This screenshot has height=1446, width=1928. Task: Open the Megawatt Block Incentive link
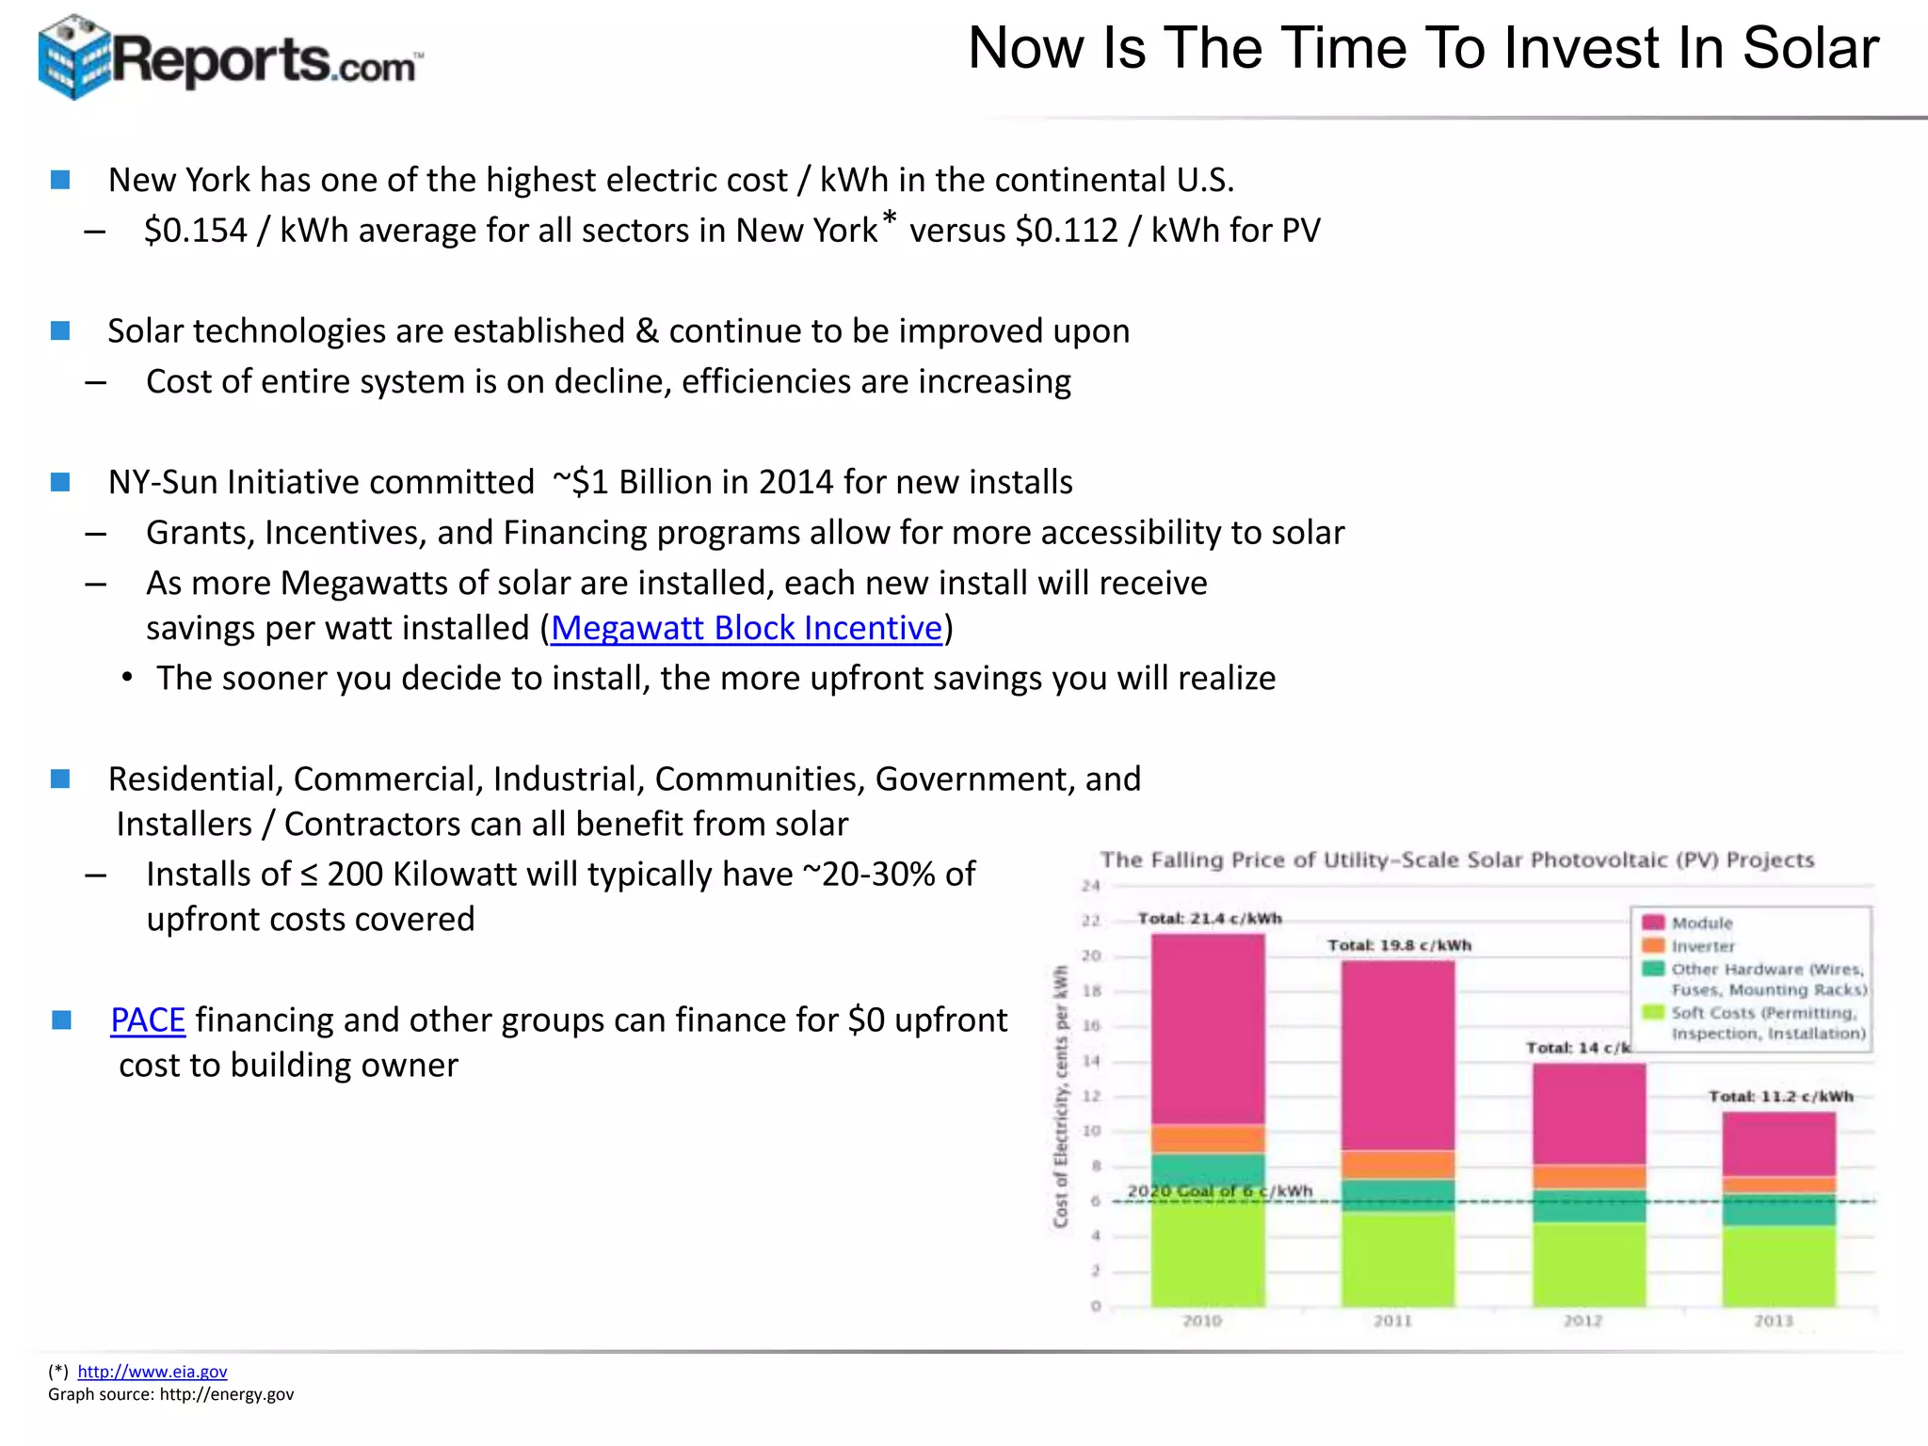pyautogui.click(x=746, y=628)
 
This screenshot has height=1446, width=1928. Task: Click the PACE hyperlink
pyautogui.click(x=148, y=1020)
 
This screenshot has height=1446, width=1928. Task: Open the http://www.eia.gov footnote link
pyautogui.click(x=152, y=1372)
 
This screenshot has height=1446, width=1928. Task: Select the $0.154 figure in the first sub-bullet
pyautogui.click(x=195, y=231)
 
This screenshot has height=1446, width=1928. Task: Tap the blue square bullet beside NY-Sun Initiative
pyautogui.click(x=61, y=482)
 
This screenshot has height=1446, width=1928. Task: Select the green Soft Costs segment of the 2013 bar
pyautogui.click(x=1778, y=1265)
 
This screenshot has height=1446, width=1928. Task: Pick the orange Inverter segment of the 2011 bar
pyautogui.click(x=1398, y=1165)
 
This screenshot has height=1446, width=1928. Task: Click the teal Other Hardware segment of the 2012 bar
pyautogui.click(x=1589, y=1206)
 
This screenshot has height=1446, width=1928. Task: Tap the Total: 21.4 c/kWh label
pyautogui.click(x=1209, y=918)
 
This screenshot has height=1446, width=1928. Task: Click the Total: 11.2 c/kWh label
pyautogui.click(x=1780, y=1096)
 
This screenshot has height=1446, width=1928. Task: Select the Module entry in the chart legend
pyautogui.click(x=1701, y=923)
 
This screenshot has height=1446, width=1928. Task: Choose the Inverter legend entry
pyautogui.click(x=1702, y=946)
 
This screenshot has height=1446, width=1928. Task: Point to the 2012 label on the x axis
pyautogui.click(x=1583, y=1321)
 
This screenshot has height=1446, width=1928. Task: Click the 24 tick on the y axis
pyautogui.click(x=1090, y=886)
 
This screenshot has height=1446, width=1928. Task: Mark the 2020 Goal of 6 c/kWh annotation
pyautogui.click(x=1219, y=1191)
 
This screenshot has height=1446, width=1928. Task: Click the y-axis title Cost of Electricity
pyautogui.click(x=1061, y=1097)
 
